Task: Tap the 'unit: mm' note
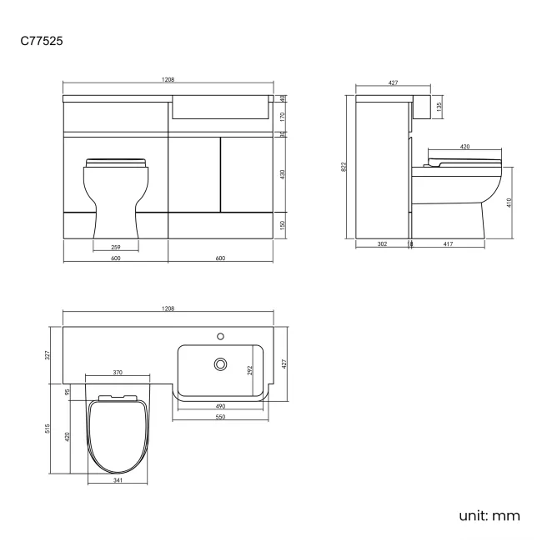point(489,515)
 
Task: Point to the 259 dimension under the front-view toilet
point(115,246)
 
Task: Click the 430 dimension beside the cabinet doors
point(282,174)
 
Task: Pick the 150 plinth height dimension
point(282,225)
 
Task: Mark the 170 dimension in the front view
point(282,118)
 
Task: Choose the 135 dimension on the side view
point(439,107)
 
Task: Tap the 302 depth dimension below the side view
point(381,245)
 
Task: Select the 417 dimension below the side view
point(449,245)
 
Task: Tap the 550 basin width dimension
point(221,416)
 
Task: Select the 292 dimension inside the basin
point(249,370)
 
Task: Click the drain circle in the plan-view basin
point(221,364)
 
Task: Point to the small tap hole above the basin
point(221,336)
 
